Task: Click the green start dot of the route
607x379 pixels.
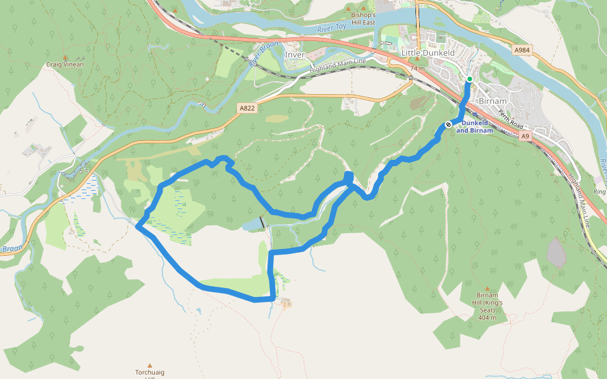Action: point(469,79)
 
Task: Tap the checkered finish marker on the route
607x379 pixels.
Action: point(447,124)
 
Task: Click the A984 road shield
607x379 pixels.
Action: point(522,50)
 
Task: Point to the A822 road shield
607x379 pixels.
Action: point(247,109)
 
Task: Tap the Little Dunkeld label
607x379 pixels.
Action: point(428,54)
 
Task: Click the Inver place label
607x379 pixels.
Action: point(295,55)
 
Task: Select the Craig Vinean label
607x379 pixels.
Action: point(65,64)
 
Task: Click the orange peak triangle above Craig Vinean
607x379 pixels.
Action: point(65,57)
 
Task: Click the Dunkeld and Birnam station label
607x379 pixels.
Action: point(474,127)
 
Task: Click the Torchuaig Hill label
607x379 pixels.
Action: point(150,373)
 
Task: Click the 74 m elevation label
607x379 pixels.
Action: point(417,68)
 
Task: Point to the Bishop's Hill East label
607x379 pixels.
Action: point(364,19)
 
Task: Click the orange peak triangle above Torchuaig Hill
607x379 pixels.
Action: point(150,365)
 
